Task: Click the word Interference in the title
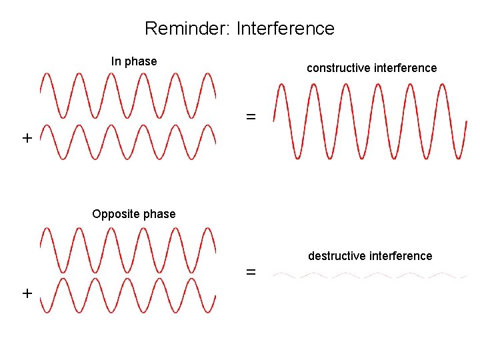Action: point(285,29)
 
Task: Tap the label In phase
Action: point(134,61)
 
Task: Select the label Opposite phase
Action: point(134,214)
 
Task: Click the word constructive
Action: point(338,68)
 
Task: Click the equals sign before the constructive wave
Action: point(251,117)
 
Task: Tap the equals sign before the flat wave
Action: point(251,272)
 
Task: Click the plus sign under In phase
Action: point(27,139)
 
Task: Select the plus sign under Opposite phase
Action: point(27,293)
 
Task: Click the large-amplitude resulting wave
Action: point(369,121)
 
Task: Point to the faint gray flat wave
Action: point(369,275)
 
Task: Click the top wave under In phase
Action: point(128,93)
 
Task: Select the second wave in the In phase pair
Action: point(128,142)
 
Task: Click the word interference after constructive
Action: point(406,68)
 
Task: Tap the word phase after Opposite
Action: point(161,214)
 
